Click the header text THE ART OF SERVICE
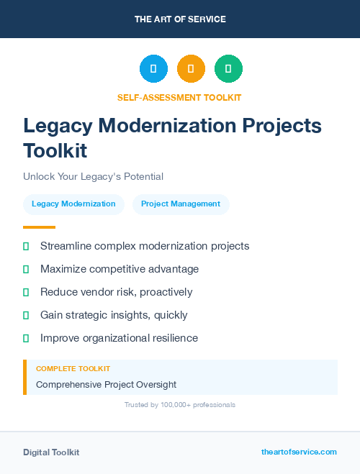180,19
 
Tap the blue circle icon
153,69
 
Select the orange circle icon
191,69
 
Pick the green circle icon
228,69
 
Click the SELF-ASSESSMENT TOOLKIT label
179,97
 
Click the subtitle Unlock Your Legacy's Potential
93,176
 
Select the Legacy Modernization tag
73,204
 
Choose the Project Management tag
181,204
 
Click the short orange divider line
39,227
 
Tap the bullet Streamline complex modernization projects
145,246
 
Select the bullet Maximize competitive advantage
120,269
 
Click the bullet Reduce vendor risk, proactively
116,292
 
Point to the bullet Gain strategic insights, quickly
114,315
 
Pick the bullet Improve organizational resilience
119,338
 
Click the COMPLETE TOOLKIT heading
73,368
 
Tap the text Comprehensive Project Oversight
106,385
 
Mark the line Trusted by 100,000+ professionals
180,405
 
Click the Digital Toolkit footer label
51,452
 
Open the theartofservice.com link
299,452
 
